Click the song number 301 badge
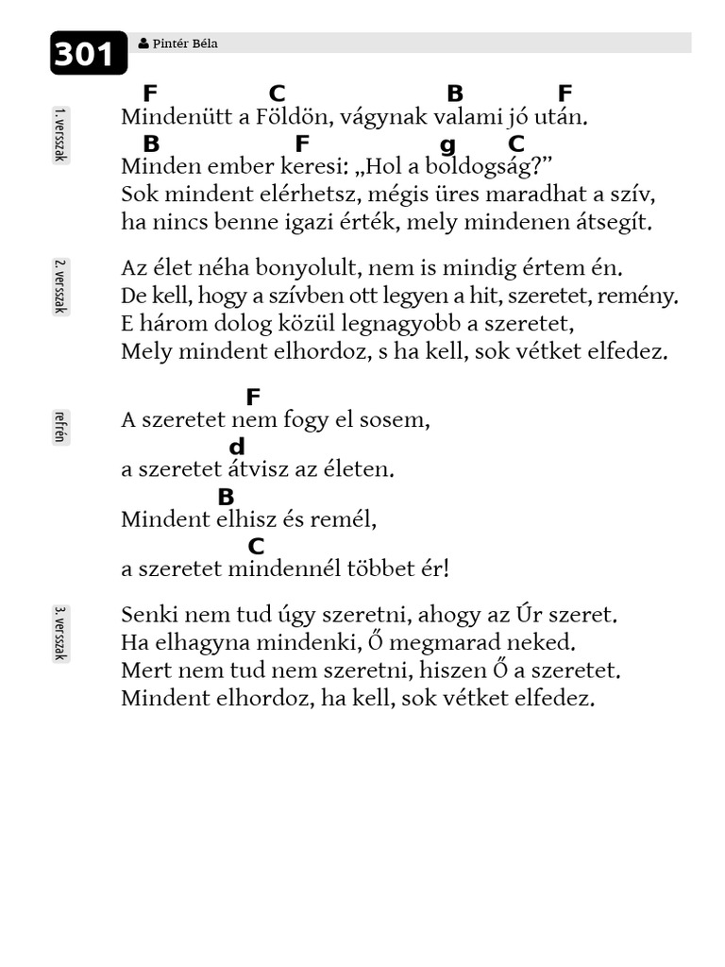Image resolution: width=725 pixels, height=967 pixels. [88, 53]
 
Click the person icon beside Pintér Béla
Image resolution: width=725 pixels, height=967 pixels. [143, 43]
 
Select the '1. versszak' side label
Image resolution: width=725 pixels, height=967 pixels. [59, 135]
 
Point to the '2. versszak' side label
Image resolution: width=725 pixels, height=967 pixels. [59, 285]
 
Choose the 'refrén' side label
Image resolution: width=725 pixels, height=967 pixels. [59, 428]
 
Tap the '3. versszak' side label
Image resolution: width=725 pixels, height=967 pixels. [59, 633]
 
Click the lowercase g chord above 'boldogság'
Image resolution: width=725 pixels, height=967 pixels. [447, 144]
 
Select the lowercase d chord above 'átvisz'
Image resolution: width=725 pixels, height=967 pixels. [237, 448]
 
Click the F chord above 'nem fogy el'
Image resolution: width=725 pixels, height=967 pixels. [252, 398]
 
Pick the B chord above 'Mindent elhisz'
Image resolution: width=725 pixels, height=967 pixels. [226, 497]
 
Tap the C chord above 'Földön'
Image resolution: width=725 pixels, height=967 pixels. [277, 93]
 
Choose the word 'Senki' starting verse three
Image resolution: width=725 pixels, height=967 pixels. [149, 616]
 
